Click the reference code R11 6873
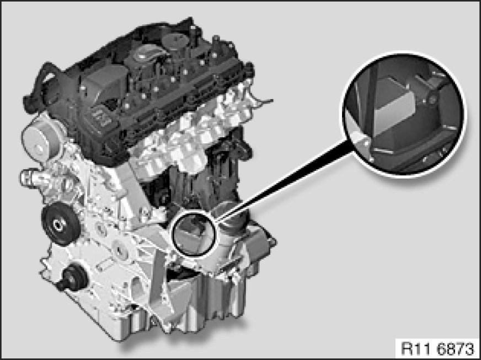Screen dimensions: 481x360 tap(437, 348)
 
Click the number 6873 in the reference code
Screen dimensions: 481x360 tap(455, 348)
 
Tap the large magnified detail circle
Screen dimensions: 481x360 tap(404, 114)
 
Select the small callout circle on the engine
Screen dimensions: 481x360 tap(195, 234)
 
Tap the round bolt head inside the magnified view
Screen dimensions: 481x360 tap(432, 100)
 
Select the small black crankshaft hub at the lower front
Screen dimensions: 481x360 tap(72, 278)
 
